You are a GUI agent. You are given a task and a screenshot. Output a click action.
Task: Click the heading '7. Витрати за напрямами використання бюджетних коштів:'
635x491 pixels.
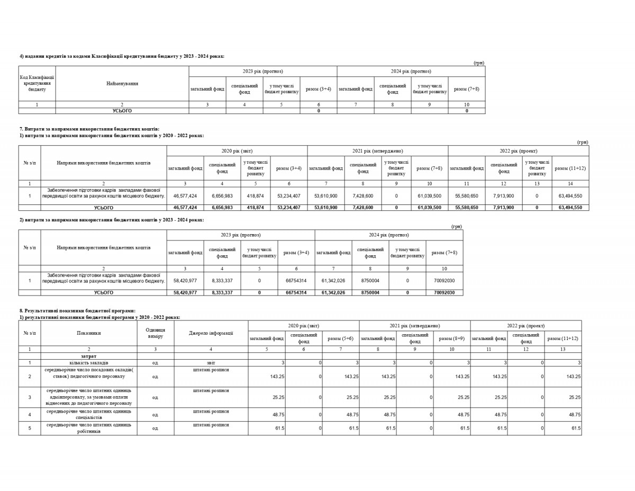pyautogui.click(x=89, y=129)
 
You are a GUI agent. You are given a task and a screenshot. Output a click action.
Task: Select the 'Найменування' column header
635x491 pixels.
pyautogui.click(x=122, y=84)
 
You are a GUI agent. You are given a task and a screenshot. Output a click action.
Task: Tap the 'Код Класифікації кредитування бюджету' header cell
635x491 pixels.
pyautogui.click(x=37, y=84)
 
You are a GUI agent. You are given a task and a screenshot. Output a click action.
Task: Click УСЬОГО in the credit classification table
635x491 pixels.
pyautogui.click(x=122, y=111)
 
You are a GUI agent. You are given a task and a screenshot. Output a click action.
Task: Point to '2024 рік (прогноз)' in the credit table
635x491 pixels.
pyautogui.click(x=411, y=72)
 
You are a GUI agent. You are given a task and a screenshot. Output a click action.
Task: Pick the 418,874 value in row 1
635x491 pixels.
pyautogui.click(x=256, y=195)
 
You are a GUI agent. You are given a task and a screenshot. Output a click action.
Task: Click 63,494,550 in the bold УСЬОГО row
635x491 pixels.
pyautogui.click(x=570, y=208)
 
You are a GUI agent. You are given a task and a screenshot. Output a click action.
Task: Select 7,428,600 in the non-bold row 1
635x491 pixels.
pyautogui.click(x=363, y=195)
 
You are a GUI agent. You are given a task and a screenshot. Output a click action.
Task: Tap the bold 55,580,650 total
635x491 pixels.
pyautogui.click(x=467, y=208)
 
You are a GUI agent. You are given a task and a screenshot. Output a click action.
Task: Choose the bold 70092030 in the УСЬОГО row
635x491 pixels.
pyautogui.click(x=444, y=292)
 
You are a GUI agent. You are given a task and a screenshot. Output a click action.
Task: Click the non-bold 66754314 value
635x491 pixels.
pyautogui.click(x=296, y=281)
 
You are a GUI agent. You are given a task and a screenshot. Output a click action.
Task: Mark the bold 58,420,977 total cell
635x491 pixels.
pyautogui.click(x=185, y=292)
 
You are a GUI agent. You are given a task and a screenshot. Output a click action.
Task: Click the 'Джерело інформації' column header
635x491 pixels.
pyautogui.click(x=211, y=333)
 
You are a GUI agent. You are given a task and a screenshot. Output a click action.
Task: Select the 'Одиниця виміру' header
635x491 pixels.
pyautogui.click(x=156, y=333)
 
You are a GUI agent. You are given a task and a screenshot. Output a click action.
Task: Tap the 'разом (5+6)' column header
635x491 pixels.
pyautogui.click(x=341, y=338)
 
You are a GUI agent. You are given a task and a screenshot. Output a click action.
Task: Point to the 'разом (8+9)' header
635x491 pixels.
pyautogui.click(x=451, y=338)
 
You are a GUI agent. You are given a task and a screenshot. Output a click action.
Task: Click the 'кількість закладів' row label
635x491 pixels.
pyautogui.click(x=89, y=363)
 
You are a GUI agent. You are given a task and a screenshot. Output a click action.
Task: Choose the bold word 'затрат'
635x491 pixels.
pyautogui.click(x=89, y=356)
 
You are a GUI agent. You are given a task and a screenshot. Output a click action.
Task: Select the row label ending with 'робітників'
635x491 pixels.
pyautogui.click(x=89, y=428)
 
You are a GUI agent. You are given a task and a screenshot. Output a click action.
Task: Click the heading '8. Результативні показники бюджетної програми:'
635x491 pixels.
pyautogui.click(x=77, y=310)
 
